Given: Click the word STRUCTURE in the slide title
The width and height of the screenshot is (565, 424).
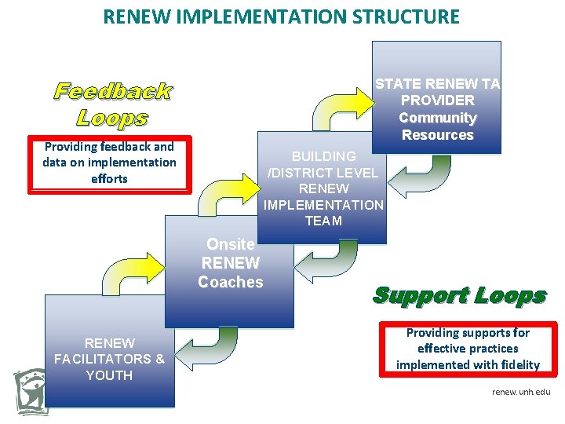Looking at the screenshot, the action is [401, 16].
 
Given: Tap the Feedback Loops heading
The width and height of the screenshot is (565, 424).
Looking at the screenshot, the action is [112, 104].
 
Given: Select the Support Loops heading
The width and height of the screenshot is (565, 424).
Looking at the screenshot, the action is [459, 295].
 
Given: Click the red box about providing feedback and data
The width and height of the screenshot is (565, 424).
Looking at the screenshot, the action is [109, 164].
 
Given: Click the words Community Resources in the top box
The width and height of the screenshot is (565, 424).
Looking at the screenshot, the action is [438, 126].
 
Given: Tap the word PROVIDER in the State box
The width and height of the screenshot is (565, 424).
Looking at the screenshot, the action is [438, 101].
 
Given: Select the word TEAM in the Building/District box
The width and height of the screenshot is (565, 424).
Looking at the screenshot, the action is [323, 221].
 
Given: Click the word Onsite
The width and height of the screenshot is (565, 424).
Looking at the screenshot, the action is [230, 244].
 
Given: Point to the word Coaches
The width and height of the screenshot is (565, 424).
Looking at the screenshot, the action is [231, 282].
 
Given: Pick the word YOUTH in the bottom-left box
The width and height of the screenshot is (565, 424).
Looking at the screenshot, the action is [109, 375].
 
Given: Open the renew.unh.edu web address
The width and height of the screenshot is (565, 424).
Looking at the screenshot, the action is [521, 390].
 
